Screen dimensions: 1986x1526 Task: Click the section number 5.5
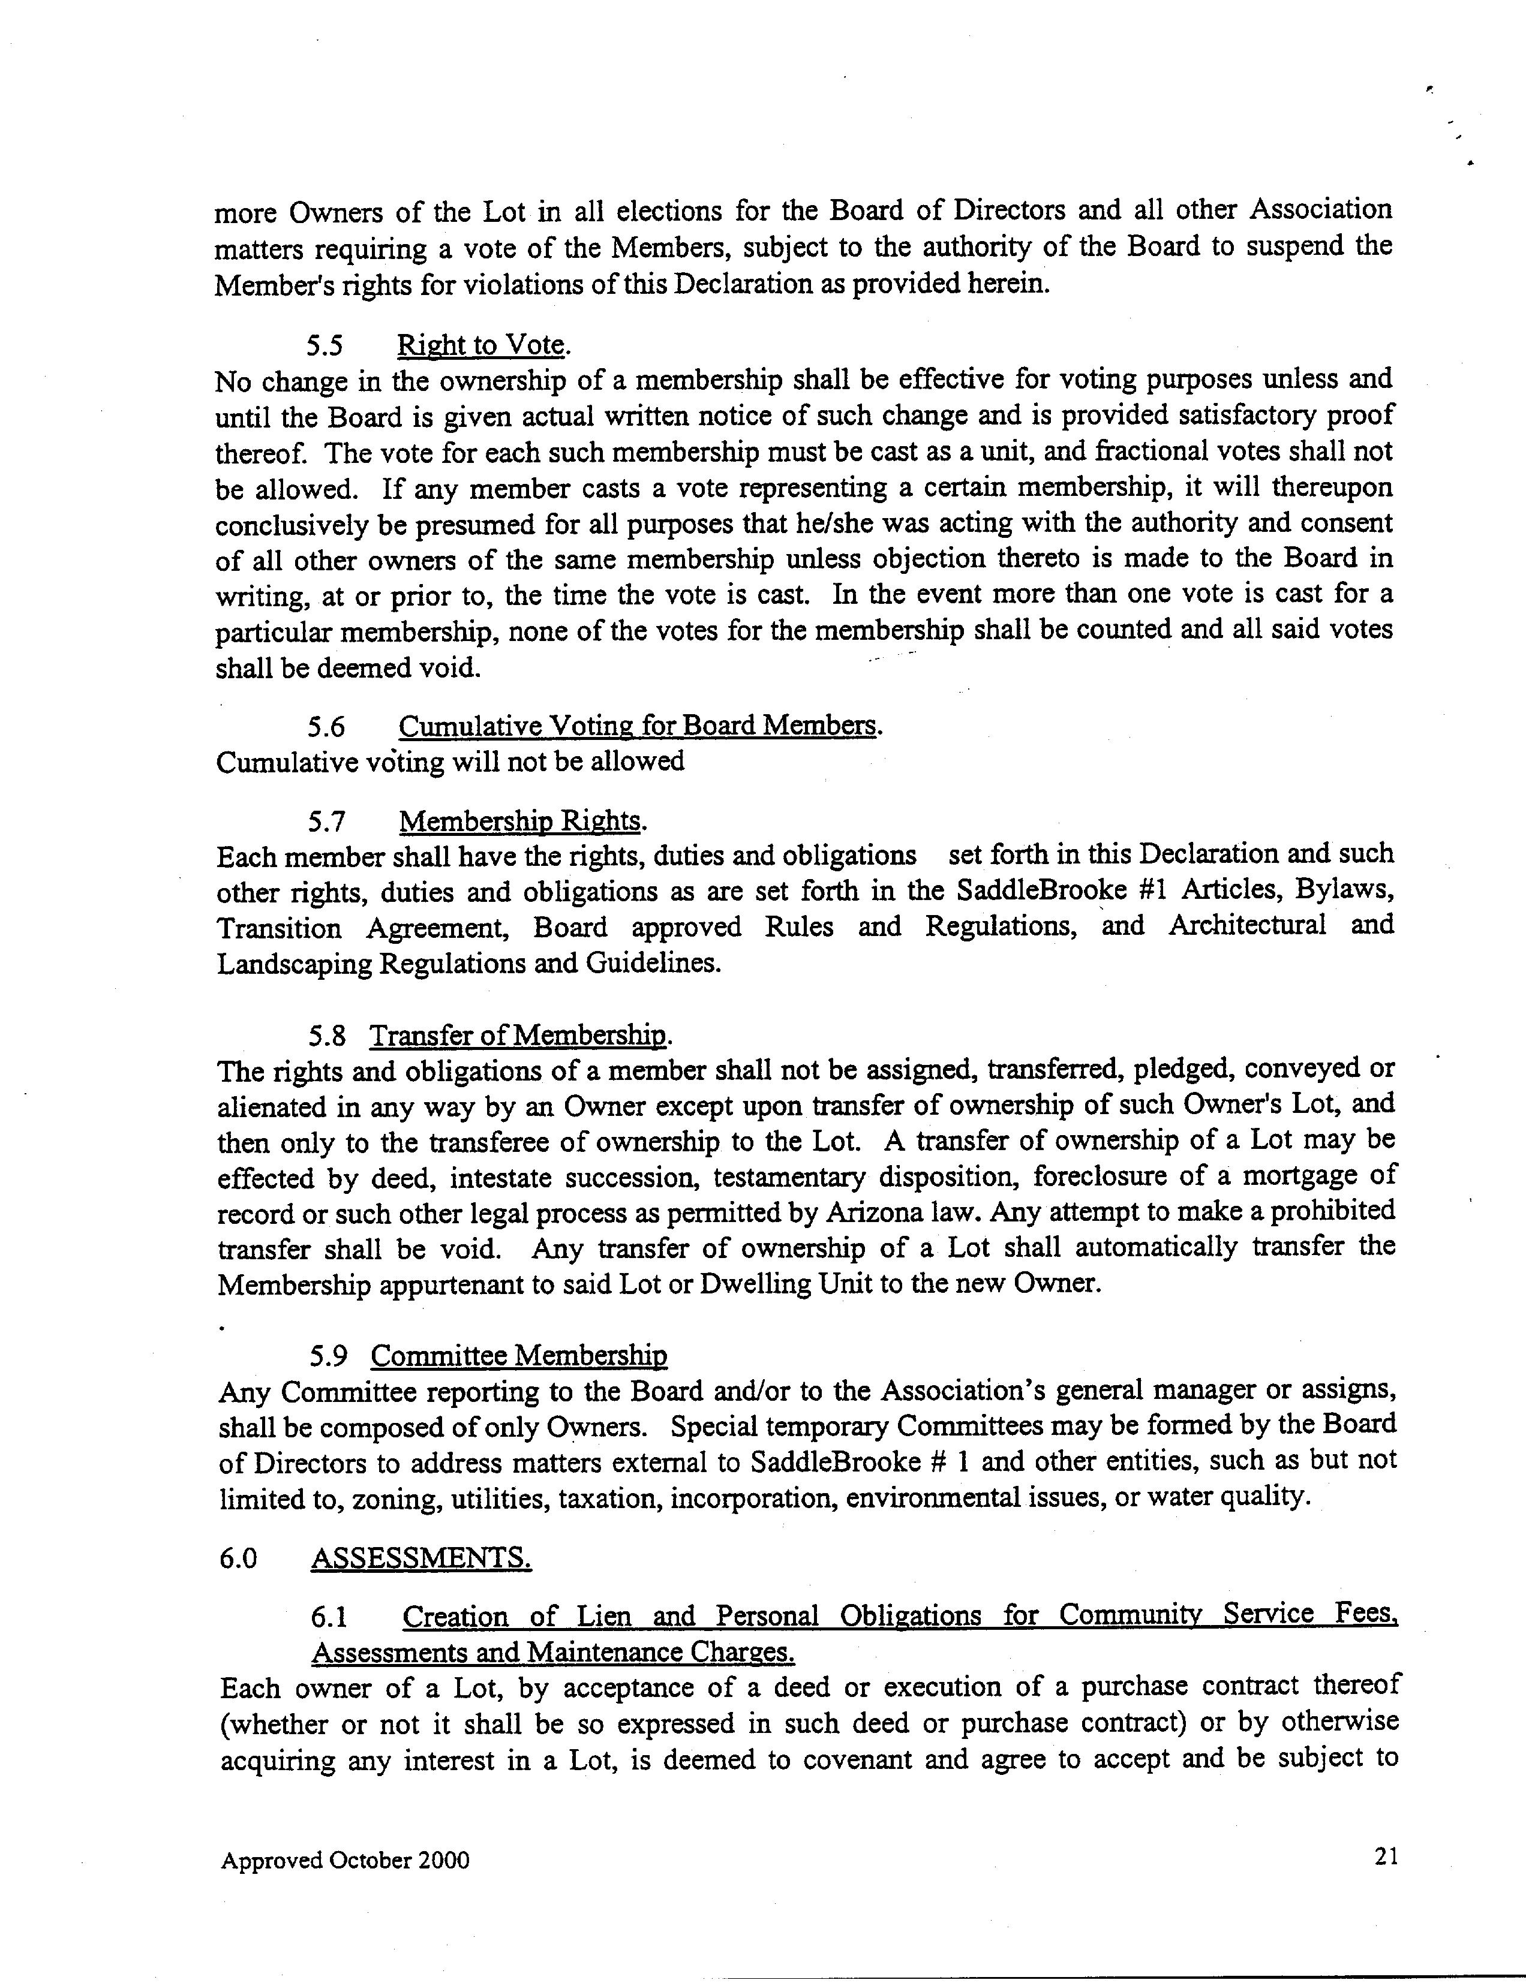(x=325, y=346)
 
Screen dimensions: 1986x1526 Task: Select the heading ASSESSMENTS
(x=420, y=1558)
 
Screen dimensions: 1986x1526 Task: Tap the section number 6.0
(x=238, y=1559)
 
